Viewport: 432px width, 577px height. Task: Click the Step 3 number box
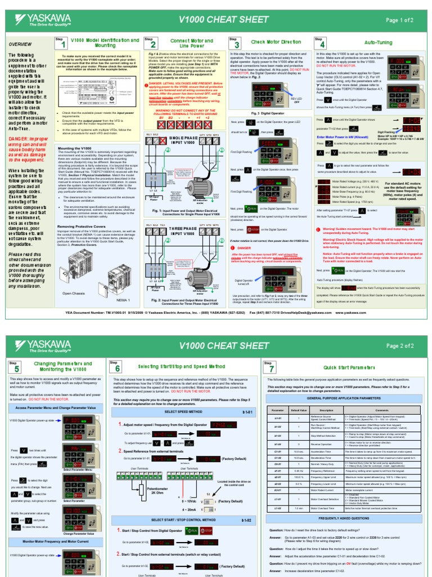point(236,43)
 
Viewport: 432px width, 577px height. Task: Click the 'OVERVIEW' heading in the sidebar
point(20,44)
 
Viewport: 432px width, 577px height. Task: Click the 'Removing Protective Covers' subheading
point(85,226)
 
